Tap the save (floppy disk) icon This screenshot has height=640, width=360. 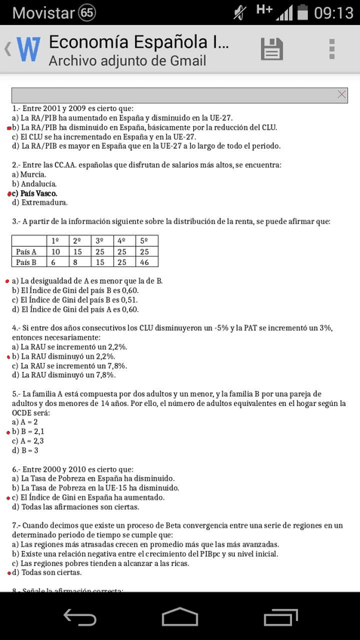(x=272, y=49)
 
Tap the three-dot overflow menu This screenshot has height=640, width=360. (x=331, y=49)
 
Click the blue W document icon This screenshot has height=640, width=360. (x=28, y=50)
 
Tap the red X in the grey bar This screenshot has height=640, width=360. (x=342, y=94)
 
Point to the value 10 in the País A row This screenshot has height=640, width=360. (x=55, y=251)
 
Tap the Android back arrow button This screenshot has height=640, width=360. (x=78, y=617)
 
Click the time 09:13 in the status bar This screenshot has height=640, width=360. (x=334, y=13)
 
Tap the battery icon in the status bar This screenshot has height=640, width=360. (x=303, y=13)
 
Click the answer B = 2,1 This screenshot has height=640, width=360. (x=33, y=431)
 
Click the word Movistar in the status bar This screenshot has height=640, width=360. (x=44, y=13)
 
